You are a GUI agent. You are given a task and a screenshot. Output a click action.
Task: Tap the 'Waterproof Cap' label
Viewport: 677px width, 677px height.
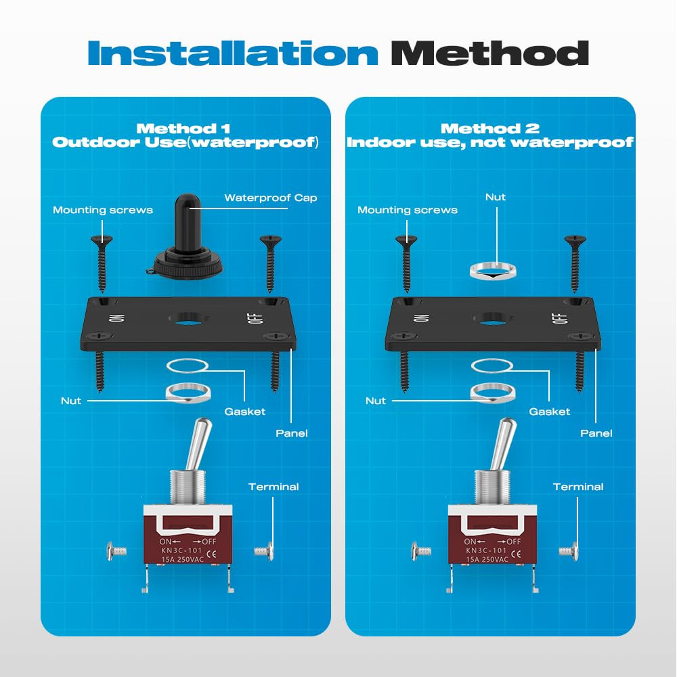click(x=271, y=198)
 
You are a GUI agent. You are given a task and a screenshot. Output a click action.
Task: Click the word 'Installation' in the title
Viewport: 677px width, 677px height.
click(x=233, y=53)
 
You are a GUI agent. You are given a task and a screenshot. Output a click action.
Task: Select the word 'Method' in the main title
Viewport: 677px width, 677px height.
click(x=489, y=53)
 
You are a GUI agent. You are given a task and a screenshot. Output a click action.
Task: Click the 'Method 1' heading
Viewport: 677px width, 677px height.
click(x=183, y=128)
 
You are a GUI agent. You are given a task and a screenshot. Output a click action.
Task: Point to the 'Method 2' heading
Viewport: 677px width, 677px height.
click(x=490, y=128)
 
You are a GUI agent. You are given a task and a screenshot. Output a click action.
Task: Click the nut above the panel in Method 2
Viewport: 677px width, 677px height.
click(x=493, y=271)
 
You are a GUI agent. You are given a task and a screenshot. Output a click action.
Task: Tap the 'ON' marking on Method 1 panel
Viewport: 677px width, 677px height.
click(x=117, y=318)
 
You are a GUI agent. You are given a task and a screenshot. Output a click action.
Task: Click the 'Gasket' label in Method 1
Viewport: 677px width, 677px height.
click(x=245, y=412)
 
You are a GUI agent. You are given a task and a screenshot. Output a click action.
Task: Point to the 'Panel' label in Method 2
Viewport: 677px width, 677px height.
click(x=596, y=433)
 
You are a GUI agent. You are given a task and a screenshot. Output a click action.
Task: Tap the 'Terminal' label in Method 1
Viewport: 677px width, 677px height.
click(x=274, y=487)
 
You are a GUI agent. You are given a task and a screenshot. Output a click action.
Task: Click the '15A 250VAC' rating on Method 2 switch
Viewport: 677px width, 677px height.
click(x=487, y=559)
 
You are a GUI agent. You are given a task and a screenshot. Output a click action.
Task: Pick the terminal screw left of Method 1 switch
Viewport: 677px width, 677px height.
click(x=116, y=551)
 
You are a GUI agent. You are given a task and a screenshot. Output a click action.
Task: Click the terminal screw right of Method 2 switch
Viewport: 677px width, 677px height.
click(x=568, y=551)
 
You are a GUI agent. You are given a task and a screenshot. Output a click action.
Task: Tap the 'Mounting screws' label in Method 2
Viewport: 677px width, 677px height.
click(x=408, y=210)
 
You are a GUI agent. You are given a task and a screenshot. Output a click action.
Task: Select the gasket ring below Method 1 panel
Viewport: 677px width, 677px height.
click(x=188, y=366)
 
